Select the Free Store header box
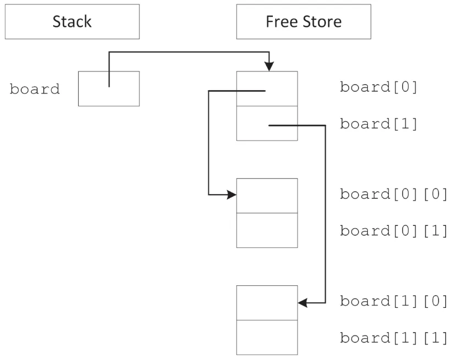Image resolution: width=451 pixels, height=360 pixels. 303,23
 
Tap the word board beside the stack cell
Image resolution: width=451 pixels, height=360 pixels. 35,89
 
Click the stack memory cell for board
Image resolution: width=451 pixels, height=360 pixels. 108,88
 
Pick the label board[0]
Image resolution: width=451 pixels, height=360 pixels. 379,87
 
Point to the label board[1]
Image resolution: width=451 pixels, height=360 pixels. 379,123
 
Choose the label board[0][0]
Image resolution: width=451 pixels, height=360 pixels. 394,195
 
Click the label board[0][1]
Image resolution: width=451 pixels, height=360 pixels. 394,230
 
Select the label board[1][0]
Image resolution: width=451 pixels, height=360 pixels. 394,301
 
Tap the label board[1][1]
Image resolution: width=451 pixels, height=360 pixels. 394,337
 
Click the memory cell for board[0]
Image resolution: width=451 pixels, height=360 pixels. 267,88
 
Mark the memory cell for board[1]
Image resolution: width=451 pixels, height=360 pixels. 267,123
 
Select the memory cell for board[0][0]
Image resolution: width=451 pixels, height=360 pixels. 267,196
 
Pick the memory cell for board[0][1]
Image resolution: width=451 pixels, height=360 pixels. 267,230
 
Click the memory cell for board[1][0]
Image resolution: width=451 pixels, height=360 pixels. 267,303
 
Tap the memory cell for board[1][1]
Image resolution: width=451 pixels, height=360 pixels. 267,337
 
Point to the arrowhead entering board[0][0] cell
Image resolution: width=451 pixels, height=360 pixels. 232,195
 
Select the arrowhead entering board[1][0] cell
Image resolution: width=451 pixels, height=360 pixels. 302,302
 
